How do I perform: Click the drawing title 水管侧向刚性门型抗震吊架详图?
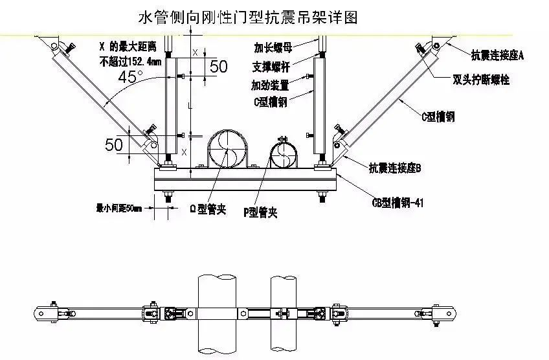[248, 16]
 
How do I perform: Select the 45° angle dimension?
[131, 77]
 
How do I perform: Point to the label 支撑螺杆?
[271, 67]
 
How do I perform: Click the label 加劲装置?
[270, 85]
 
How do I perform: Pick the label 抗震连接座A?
[497, 56]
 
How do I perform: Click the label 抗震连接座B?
[395, 168]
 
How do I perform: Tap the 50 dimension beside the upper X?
[219, 66]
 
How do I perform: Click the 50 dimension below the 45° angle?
[114, 144]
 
